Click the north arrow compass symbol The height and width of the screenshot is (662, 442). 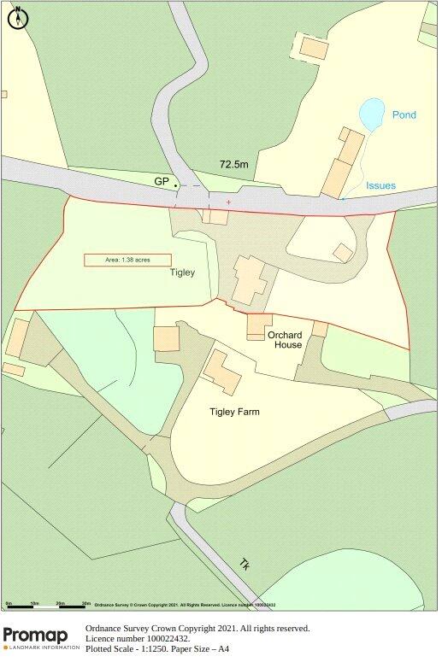point(17,17)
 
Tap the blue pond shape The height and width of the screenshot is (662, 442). point(372,114)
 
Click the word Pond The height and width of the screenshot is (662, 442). point(404,114)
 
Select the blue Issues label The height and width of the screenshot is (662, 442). point(380,185)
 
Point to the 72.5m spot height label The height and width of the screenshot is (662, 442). point(233,164)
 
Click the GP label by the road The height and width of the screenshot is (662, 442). point(162,182)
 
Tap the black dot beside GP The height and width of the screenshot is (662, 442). point(176,185)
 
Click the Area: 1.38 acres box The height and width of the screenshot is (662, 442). point(127,260)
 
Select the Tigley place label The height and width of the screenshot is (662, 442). point(182,273)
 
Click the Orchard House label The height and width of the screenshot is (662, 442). point(285,340)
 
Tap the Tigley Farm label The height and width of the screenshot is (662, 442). point(234,412)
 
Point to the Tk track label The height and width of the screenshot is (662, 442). point(245,565)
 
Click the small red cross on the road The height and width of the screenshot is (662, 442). point(228,202)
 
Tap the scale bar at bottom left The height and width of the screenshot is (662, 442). point(47,606)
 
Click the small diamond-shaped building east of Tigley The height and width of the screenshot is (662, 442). point(343,252)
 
